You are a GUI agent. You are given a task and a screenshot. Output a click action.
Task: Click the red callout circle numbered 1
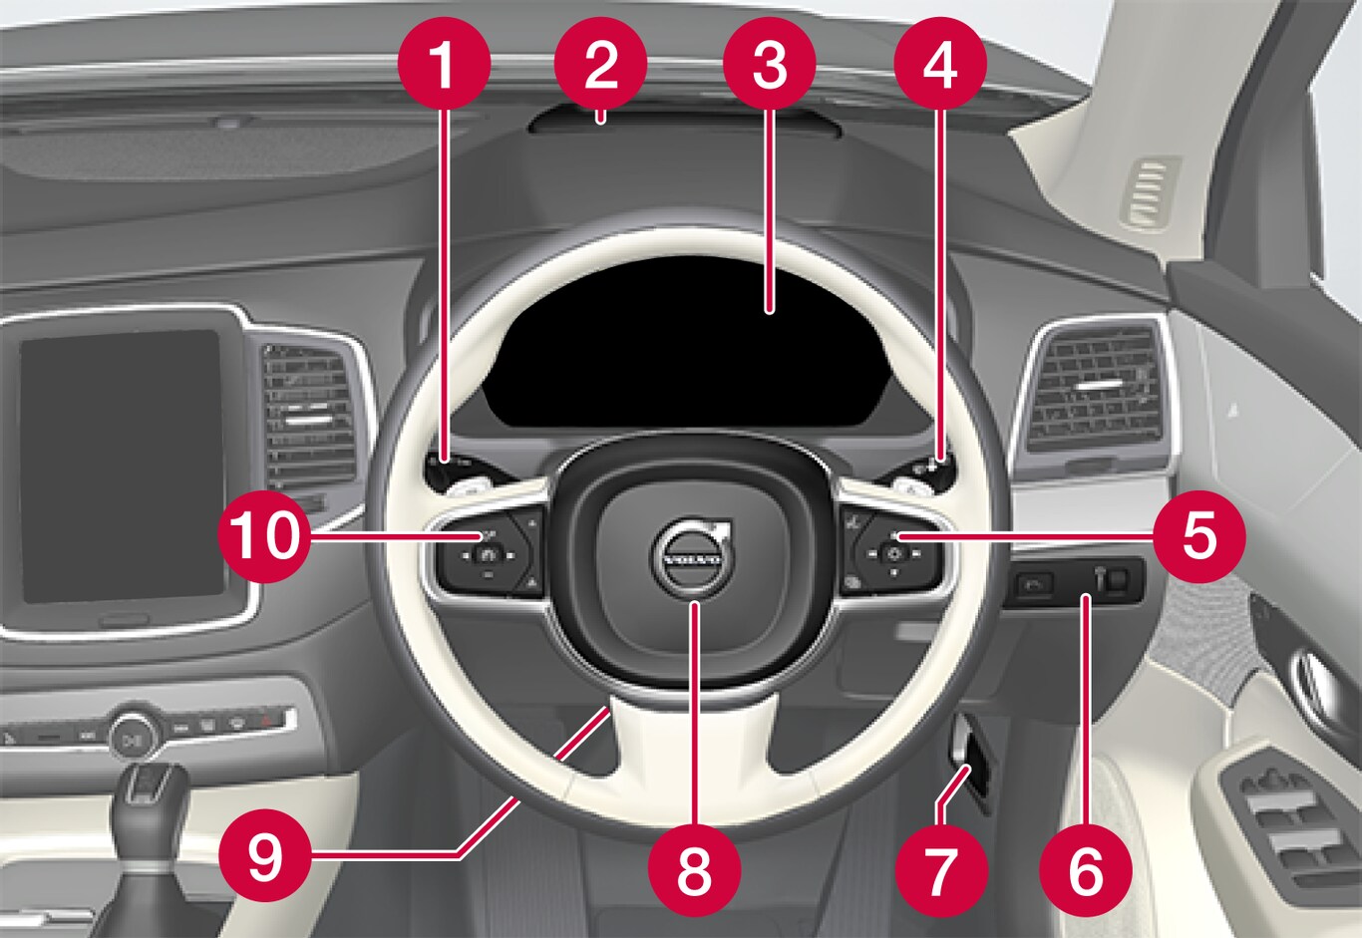pos(445,63)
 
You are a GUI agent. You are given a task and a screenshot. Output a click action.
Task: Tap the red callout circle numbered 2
pos(601,63)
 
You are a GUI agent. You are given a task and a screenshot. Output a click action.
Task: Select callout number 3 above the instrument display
pos(770,63)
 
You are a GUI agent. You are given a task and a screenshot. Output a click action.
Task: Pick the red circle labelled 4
pos(940,63)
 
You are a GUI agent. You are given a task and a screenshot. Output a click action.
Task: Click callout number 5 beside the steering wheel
pos(1199,536)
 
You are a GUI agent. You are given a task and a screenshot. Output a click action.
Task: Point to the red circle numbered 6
pos(1086,870)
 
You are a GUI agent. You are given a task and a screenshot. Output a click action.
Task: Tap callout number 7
pos(941,870)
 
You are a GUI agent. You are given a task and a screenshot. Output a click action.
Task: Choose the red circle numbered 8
pos(695,870)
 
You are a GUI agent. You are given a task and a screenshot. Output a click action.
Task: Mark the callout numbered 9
pos(265,856)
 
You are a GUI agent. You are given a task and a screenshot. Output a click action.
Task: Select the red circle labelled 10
pos(265,536)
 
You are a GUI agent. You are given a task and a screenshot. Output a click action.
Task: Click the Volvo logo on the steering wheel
pos(694,557)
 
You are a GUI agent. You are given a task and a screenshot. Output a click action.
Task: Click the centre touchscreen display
pos(121,466)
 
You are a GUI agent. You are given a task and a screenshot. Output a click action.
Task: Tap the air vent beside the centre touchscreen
pos(309,417)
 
